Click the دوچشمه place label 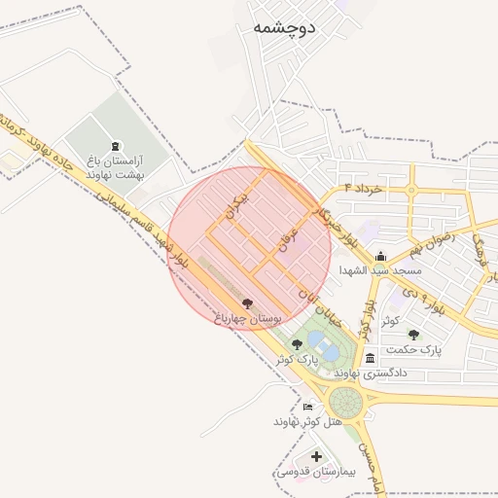pos(284,27)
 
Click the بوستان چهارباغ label pos(246,318)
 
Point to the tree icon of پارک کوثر pos(297,344)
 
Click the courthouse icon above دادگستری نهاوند pos(370,358)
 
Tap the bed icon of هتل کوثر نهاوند pos(308,407)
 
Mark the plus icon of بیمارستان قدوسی pos(316,455)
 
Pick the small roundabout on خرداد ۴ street pos(411,188)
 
